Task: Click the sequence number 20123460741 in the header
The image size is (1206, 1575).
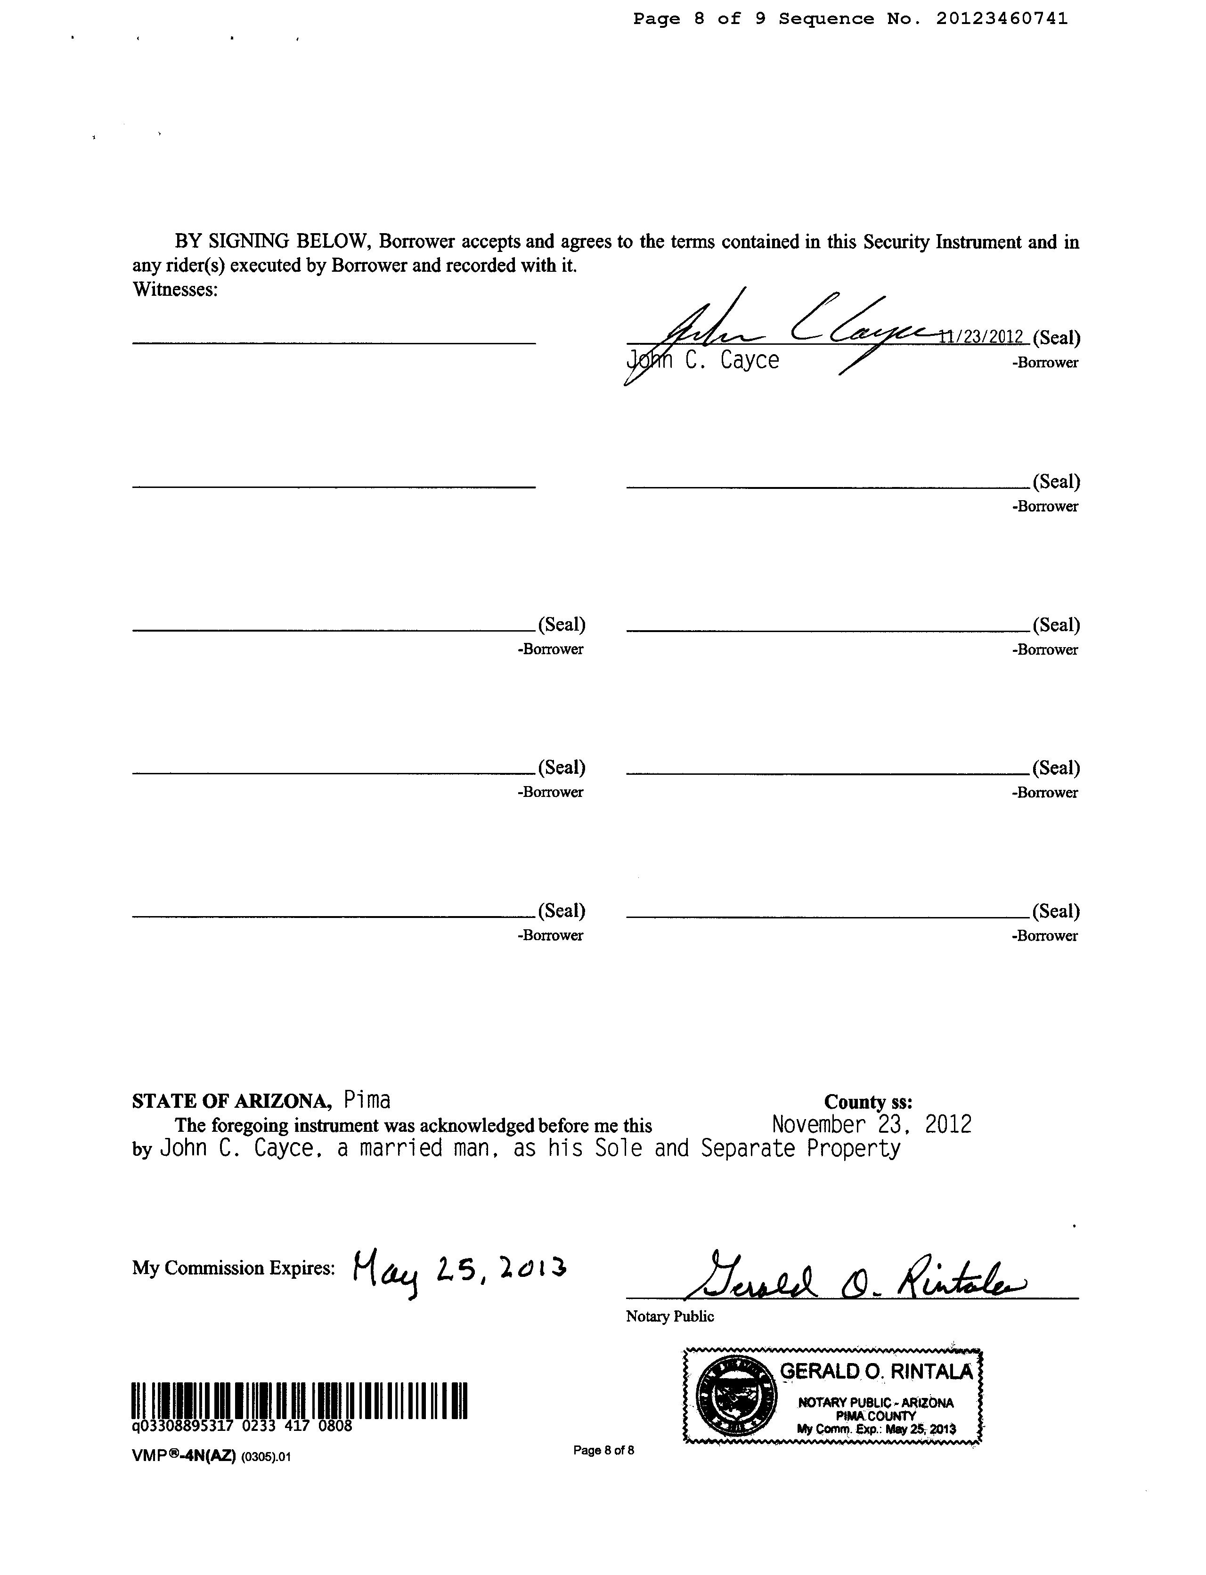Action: tap(1002, 19)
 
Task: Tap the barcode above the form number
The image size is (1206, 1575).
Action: tap(299, 1400)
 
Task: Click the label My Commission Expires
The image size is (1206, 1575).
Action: tap(233, 1268)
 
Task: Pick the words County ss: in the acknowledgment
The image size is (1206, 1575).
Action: tap(868, 1102)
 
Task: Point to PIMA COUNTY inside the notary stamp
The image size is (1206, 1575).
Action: tap(876, 1416)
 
